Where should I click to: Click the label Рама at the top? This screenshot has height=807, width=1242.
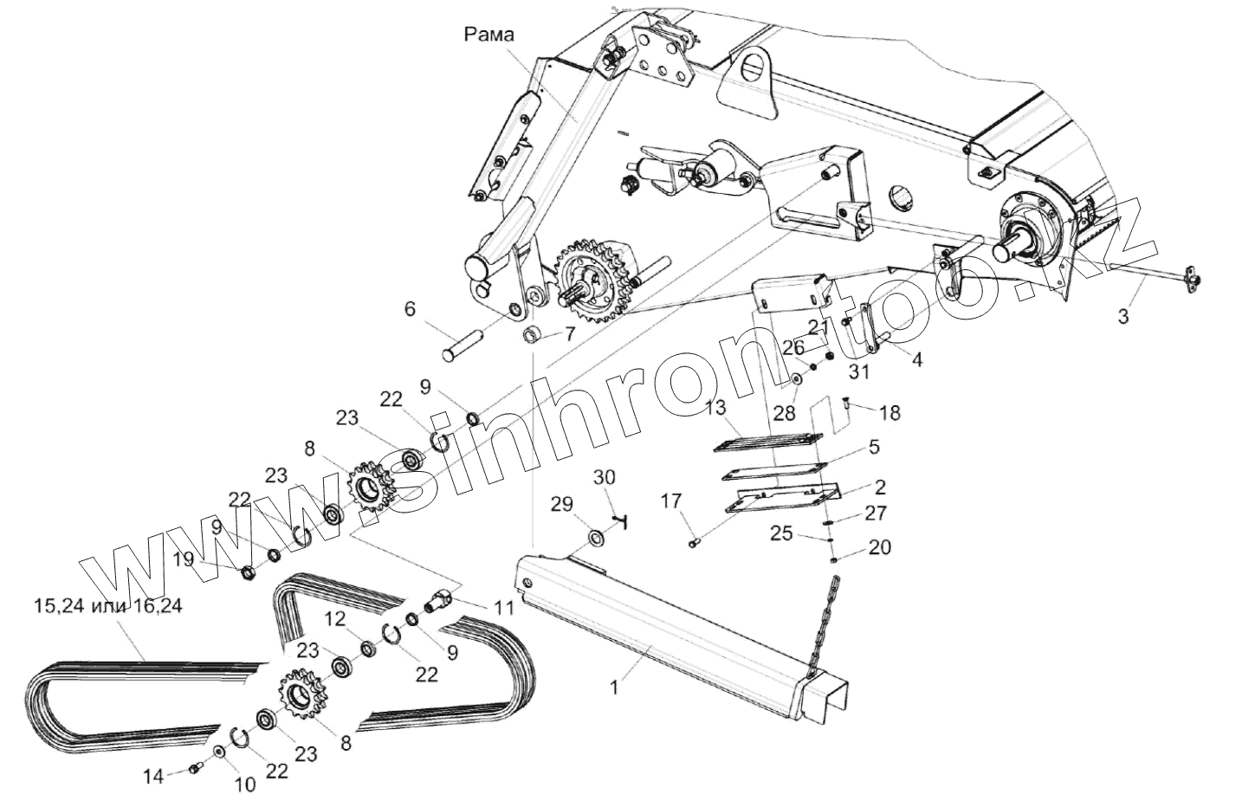point(488,35)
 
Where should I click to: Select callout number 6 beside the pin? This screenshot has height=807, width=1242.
point(410,308)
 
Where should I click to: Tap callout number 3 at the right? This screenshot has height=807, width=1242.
point(1122,317)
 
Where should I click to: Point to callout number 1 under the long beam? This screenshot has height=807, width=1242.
point(614,688)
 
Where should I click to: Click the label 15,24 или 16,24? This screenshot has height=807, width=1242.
point(107,606)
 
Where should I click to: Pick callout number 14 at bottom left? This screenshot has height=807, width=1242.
point(153,777)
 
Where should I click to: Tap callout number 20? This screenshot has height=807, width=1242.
point(880,547)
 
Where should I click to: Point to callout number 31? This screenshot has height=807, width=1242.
point(858,371)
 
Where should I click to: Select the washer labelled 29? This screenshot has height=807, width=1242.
point(597,538)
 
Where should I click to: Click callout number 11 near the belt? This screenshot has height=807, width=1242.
point(504,607)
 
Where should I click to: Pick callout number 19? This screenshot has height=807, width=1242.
point(182,560)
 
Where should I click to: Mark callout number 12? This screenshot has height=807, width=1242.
point(335,618)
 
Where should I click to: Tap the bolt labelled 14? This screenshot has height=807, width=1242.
point(193,767)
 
